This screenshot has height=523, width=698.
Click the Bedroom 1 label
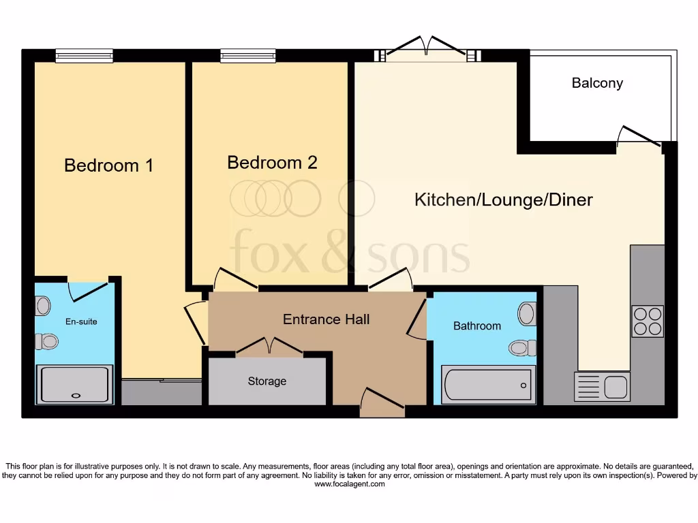108,165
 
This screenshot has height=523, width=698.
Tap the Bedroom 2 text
272,163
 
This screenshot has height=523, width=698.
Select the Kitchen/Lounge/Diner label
504,200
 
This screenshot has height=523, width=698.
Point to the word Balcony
597,84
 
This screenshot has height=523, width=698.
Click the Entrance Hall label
326,319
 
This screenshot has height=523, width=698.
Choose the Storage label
267,381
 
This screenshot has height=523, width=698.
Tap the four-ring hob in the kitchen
647,321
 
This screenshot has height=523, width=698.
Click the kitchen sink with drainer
603,386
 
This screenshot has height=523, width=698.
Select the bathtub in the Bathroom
488,384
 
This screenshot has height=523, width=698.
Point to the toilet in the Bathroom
523,348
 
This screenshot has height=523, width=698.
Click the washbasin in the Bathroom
526,314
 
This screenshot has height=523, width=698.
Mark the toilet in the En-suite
46,340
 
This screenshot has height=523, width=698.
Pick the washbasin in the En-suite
43,306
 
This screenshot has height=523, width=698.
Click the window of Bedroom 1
84,56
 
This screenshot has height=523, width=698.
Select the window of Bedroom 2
248,56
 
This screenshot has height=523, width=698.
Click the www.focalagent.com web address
349,485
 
